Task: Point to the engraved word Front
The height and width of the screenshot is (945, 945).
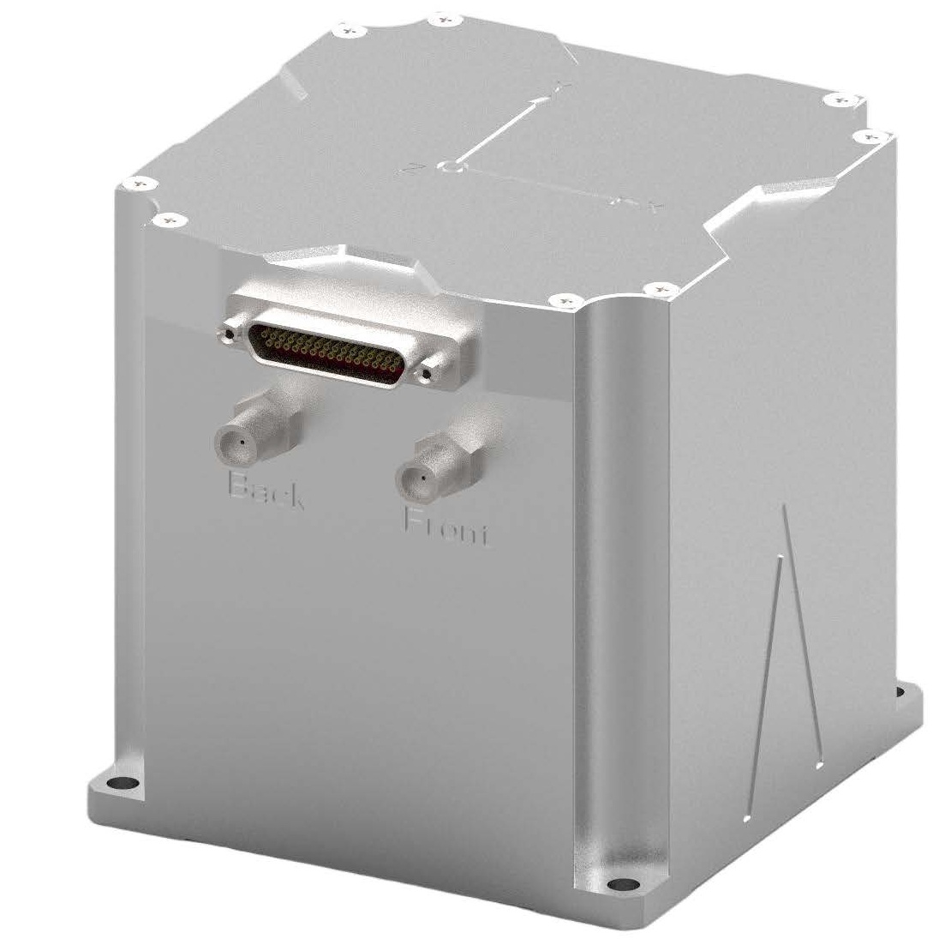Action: [446, 527]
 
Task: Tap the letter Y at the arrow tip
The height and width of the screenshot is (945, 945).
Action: [562, 85]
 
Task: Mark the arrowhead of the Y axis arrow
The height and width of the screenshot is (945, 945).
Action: [540, 100]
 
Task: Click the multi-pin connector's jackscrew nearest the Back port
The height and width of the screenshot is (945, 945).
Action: [229, 330]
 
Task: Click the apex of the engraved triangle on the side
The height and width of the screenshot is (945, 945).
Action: [784, 508]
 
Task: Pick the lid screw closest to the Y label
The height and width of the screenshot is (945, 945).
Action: [443, 17]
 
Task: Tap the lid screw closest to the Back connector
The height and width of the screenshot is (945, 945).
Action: [169, 220]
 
